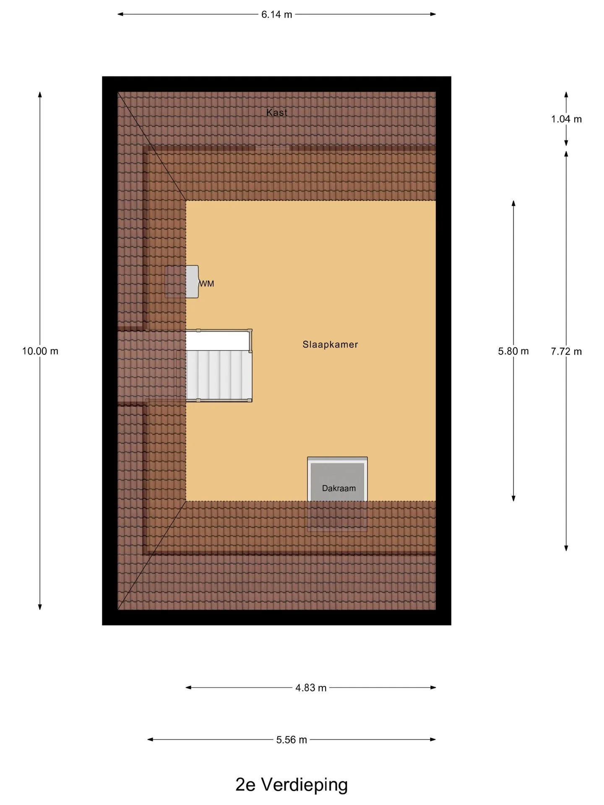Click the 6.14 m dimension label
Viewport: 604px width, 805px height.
pos(276,15)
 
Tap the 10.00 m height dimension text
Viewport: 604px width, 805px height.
pos(40,351)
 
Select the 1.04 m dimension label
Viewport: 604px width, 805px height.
pos(566,119)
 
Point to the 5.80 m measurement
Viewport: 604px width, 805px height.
pos(513,351)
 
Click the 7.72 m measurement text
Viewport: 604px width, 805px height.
pos(566,351)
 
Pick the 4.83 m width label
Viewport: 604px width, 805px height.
pos(311,688)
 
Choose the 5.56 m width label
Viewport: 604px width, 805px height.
pos(292,740)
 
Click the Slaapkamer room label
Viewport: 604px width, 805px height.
pos(330,345)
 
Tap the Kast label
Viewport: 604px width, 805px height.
pos(277,112)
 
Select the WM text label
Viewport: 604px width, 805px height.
pos(207,284)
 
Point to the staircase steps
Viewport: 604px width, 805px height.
pos(219,375)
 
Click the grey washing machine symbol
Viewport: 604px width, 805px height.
pos(192,282)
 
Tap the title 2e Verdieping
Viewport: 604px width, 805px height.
pos(292,785)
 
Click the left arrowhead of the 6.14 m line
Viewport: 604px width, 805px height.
pos(120,14)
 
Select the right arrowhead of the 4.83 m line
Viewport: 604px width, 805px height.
pos(433,688)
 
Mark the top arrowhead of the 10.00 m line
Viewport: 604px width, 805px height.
pos(40,95)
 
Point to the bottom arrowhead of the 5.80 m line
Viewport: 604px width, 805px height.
pos(513,498)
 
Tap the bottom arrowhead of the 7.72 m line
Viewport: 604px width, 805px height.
pos(566,548)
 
